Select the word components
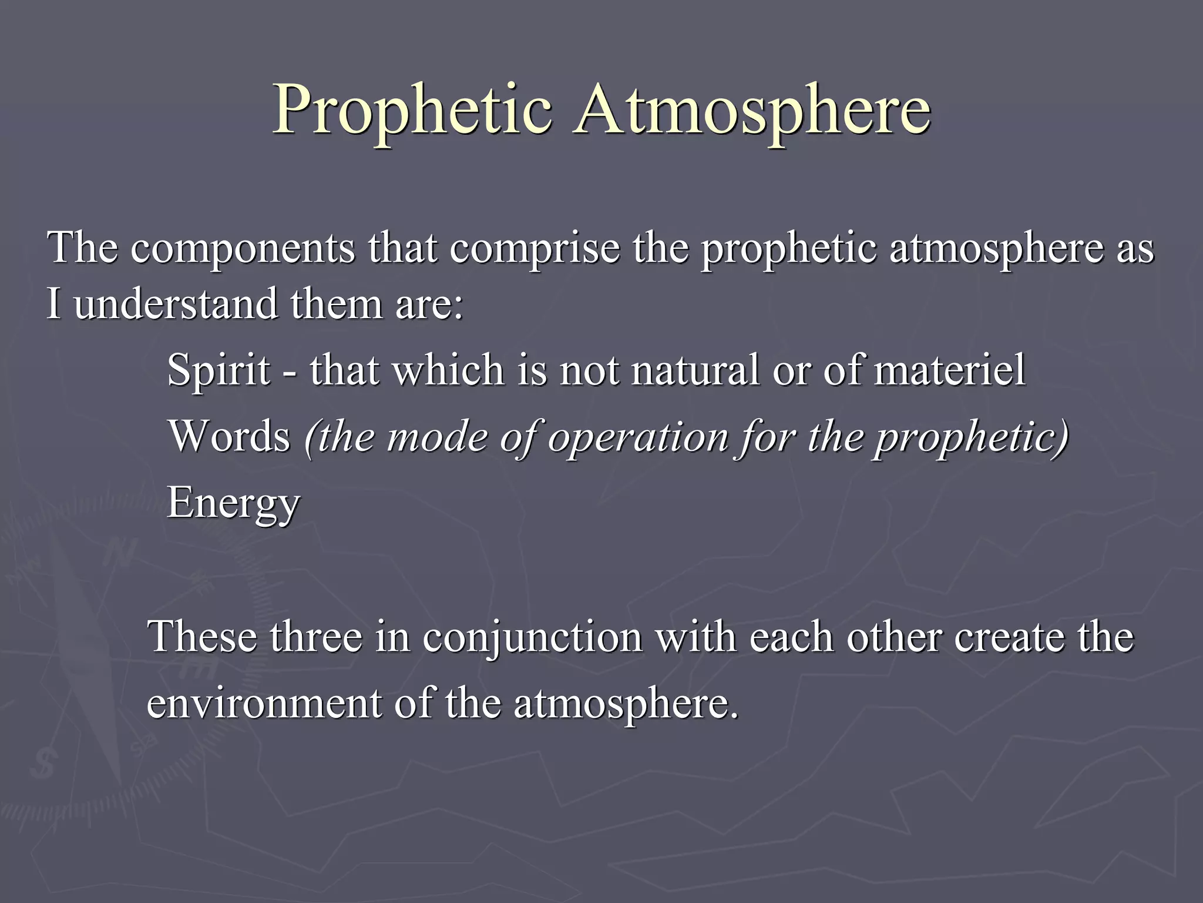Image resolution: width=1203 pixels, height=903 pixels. pyautogui.click(x=243, y=249)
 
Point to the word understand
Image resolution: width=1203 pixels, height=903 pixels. pyautogui.click(x=176, y=305)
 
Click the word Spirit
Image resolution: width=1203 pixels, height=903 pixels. pyautogui.click(x=219, y=371)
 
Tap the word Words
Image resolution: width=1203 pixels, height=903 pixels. pyautogui.click(x=229, y=437)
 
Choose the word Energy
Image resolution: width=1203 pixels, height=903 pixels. pyautogui.click(x=233, y=504)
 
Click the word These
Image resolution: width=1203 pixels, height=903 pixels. pyautogui.click(x=202, y=637)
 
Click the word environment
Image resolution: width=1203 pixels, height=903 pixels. pyautogui.click(x=264, y=703)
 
